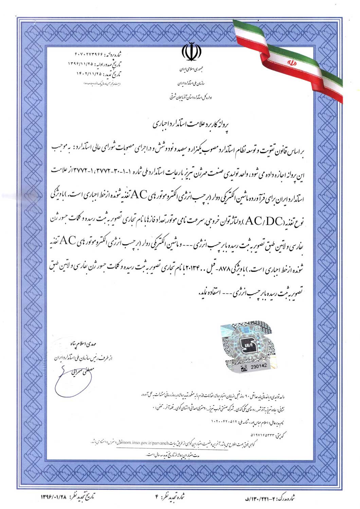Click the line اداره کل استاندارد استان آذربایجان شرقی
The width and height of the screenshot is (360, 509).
coord(192,97)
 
